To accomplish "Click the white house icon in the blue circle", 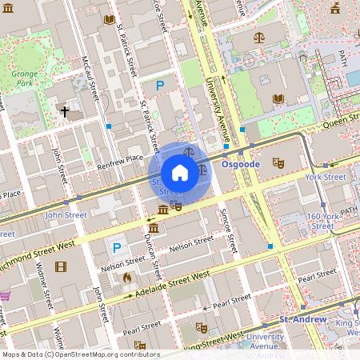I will [180, 173].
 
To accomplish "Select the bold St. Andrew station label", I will [302, 319].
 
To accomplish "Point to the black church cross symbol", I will [65, 112].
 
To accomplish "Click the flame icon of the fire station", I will [126, 278].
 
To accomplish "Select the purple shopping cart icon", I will [5, 296].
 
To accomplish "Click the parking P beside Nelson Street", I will [117, 249].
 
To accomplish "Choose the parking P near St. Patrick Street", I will [160, 85].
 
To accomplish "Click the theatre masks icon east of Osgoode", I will [278, 162].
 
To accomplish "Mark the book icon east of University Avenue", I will [278, 99].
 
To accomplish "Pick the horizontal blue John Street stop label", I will [65, 214].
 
